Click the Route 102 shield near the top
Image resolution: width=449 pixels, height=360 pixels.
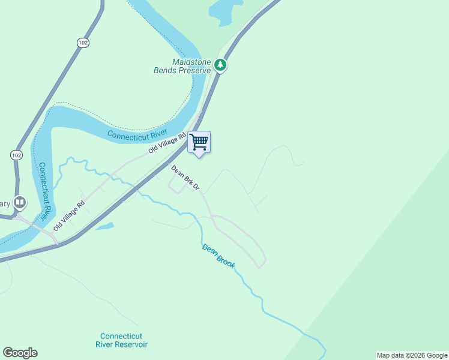click(83, 42)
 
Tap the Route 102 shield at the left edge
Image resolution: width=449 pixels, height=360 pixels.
click(16, 155)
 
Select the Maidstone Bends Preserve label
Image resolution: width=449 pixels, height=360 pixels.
click(182, 66)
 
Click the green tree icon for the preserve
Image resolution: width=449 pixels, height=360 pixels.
click(220, 64)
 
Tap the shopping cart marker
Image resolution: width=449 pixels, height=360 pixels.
click(199, 142)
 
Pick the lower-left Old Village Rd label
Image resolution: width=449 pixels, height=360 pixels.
click(69, 215)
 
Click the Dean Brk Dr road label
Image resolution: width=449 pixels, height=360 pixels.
click(185, 178)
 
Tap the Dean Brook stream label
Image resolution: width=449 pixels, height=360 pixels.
click(218, 255)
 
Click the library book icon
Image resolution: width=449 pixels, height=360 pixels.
click(20, 203)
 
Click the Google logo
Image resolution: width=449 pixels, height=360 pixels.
click(20, 353)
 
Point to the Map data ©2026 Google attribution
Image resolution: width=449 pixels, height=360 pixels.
click(411, 355)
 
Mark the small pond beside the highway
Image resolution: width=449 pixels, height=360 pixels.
click(103, 227)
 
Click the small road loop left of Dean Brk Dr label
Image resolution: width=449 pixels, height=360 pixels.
click(175, 188)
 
